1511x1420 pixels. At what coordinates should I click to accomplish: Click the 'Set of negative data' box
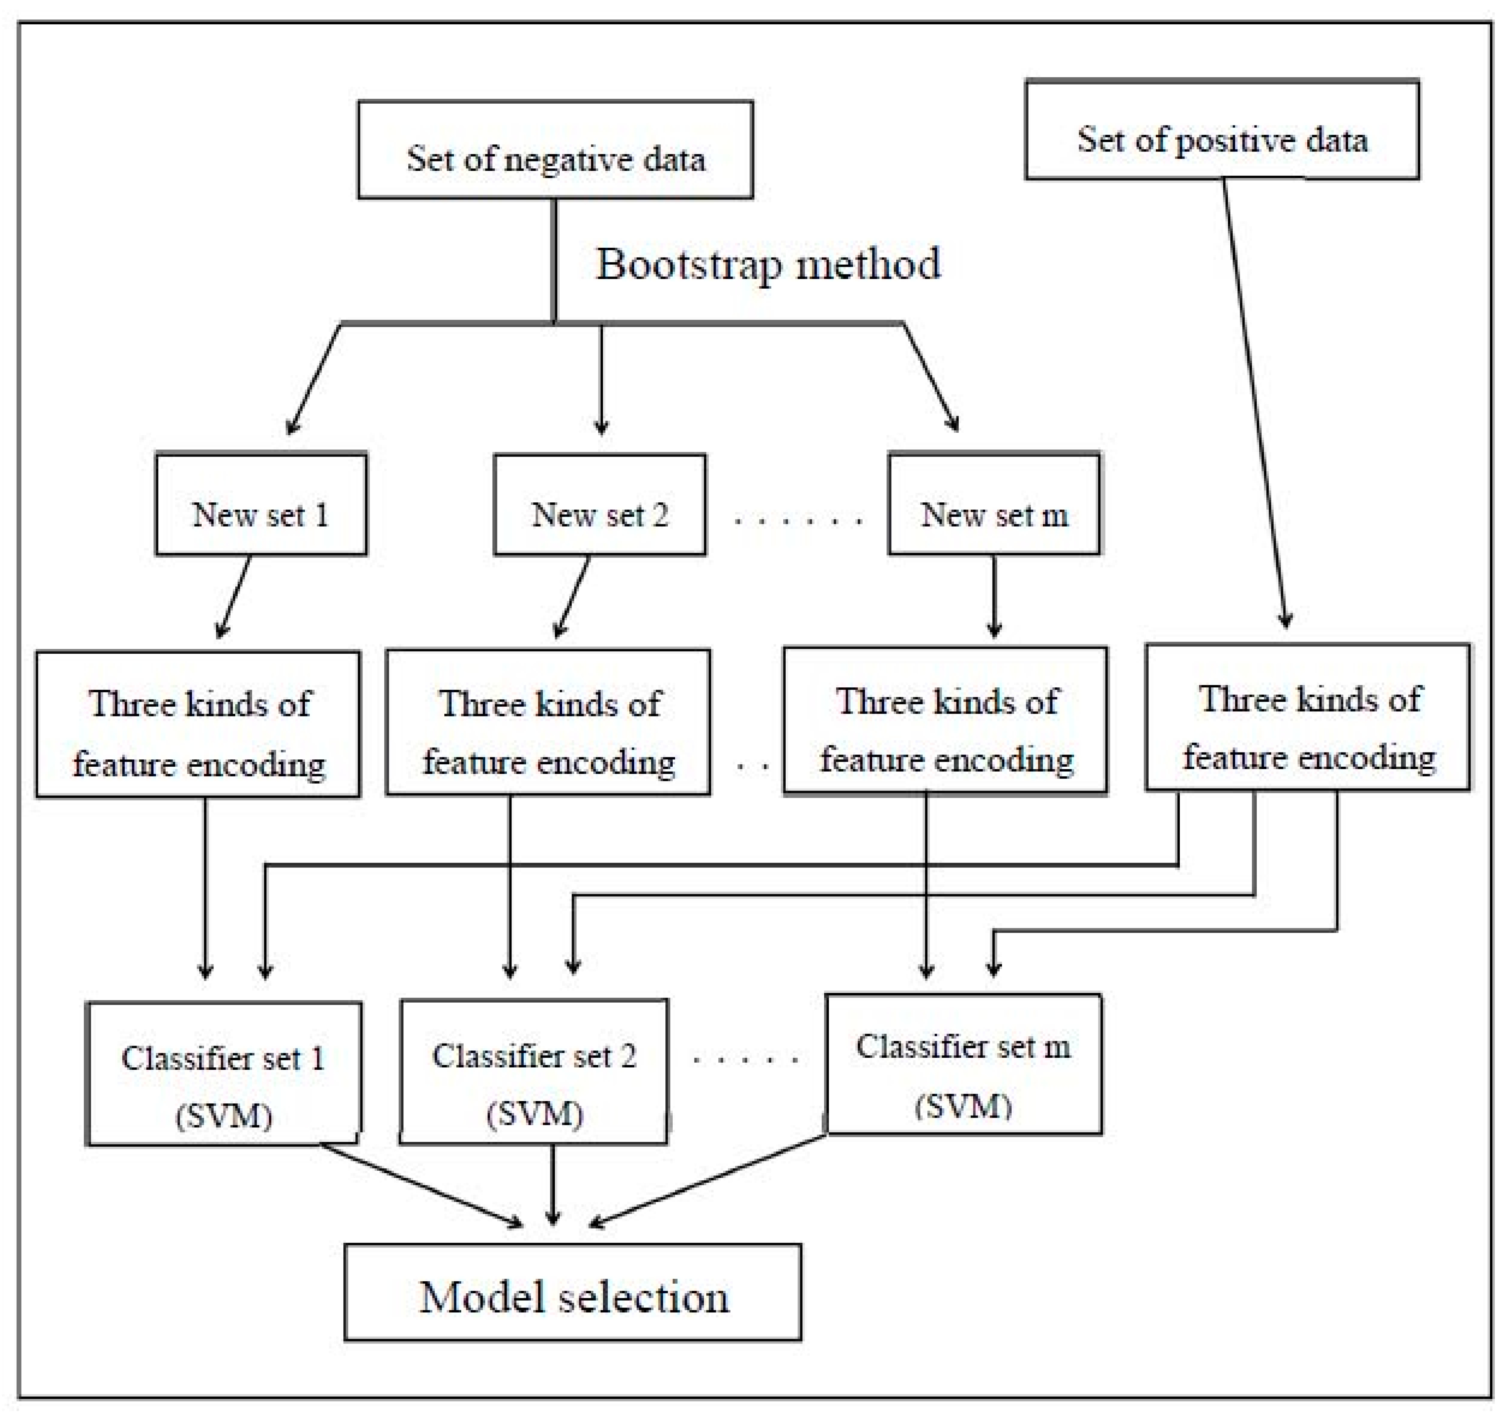point(556,150)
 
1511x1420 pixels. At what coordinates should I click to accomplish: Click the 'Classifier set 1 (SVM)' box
point(224,1073)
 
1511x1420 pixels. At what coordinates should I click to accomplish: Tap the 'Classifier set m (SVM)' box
point(963,1064)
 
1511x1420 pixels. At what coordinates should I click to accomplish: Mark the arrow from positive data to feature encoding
point(1254,403)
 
